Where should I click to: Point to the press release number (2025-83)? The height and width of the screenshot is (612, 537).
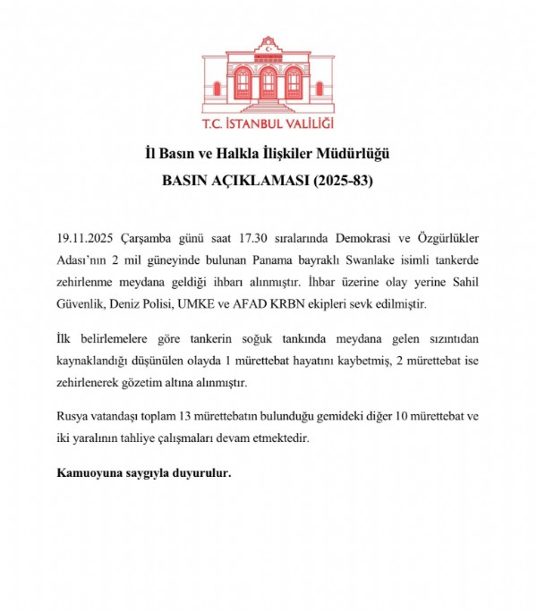340,180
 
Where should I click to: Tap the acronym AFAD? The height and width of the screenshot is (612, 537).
265,304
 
